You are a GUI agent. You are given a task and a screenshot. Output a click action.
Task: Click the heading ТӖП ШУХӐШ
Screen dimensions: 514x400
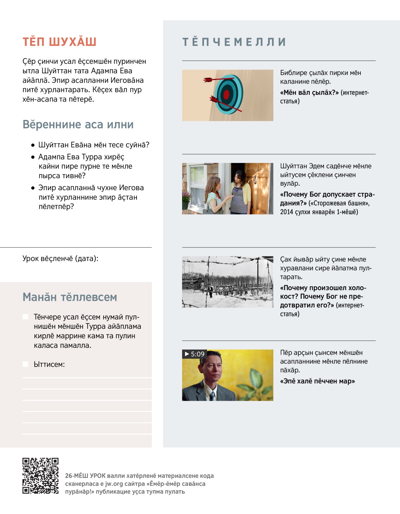coord(59,42)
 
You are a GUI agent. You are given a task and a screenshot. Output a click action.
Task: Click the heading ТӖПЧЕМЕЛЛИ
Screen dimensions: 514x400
coord(234,42)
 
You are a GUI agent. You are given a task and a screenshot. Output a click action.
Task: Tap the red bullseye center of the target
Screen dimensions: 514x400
coord(226,95)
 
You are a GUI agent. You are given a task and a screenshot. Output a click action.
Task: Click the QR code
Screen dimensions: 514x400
coord(40,476)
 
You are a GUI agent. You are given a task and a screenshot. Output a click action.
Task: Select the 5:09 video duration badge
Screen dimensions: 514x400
coord(194,354)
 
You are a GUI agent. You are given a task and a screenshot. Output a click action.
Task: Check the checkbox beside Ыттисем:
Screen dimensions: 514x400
coord(25,364)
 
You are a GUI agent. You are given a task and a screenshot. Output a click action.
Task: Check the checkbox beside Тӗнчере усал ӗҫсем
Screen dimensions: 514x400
coord(25,317)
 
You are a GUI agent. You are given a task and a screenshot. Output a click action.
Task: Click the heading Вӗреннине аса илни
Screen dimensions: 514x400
coord(78,125)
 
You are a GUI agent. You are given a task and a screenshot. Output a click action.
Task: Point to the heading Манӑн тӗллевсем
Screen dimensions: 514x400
coord(70,297)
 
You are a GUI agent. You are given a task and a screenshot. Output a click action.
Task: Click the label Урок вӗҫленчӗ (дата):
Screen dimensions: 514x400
coord(60,258)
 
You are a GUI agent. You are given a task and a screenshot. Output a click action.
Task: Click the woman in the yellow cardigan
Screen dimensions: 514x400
coord(241,192)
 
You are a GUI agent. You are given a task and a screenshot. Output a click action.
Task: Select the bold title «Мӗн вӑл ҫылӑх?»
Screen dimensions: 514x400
coord(309,93)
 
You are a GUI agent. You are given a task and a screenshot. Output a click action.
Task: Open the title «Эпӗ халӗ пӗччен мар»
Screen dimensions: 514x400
coord(317,381)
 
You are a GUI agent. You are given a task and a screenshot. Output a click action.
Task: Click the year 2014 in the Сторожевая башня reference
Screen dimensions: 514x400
coord(287,212)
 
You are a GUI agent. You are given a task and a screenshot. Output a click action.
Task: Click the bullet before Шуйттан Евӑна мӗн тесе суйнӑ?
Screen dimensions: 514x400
coord(33,145)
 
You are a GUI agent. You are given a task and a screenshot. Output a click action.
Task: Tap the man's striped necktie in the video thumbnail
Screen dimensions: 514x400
coord(212,396)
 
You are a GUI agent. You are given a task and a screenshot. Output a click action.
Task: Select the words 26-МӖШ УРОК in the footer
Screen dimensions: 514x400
coord(85,476)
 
